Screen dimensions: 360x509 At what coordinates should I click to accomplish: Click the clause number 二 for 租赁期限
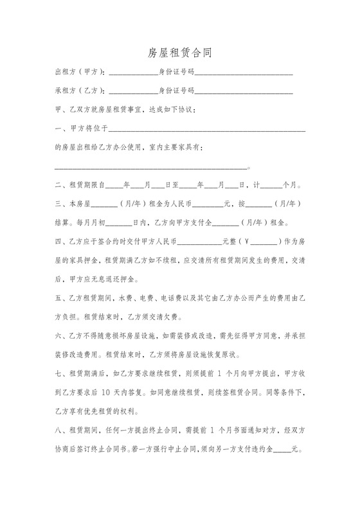tap(59, 186)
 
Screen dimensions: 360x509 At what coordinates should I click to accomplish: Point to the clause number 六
tap(59, 335)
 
